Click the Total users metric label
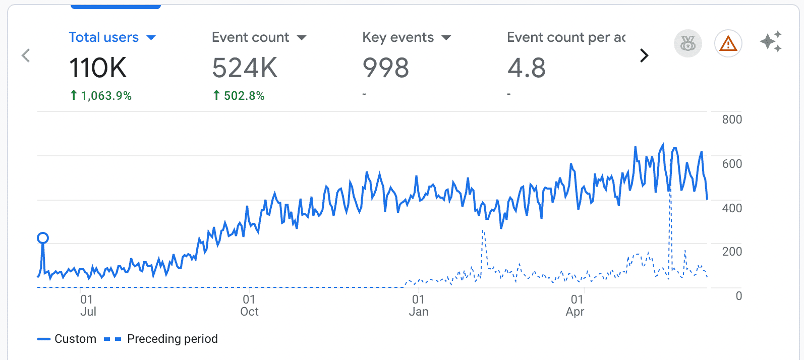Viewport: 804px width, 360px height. (103, 37)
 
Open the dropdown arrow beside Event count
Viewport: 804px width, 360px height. (302, 38)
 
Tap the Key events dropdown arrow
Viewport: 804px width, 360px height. (446, 38)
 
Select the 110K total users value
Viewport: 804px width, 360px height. (98, 68)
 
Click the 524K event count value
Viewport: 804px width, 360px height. (245, 68)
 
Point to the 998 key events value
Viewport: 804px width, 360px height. (385, 68)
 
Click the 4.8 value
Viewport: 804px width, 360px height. (526, 68)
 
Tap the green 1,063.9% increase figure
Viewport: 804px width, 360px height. (101, 96)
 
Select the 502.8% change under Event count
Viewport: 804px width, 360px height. (239, 96)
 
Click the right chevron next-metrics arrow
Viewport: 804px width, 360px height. (644, 55)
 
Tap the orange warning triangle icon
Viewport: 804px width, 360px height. (728, 44)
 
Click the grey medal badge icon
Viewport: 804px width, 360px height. (687, 44)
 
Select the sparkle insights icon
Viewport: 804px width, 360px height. (771, 41)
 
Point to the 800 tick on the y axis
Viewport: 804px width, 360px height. (731, 119)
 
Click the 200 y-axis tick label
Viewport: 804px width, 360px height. (731, 252)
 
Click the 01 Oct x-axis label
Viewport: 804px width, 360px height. (249, 306)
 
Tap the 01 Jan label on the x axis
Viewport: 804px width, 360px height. (418, 306)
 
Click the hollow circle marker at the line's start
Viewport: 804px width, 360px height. (43, 238)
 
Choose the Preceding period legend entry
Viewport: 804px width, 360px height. (161, 339)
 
